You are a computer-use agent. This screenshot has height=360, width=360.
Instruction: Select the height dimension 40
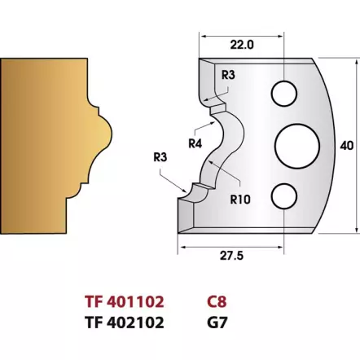[348, 144]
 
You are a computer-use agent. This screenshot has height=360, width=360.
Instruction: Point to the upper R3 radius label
[229, 75]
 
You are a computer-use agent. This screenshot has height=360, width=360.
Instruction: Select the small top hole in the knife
[284, 90]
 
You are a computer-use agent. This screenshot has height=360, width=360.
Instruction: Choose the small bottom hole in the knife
[284, 196]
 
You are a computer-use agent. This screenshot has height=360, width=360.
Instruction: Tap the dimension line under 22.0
[241, 37]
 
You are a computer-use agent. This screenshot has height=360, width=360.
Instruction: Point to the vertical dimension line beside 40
[333, 144]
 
